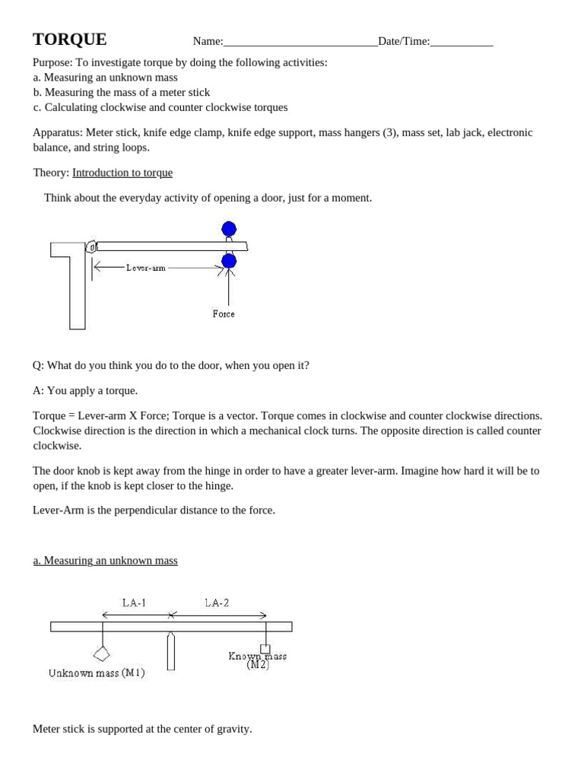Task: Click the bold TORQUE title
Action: (69, 40)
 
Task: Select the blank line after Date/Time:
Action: (462, 42)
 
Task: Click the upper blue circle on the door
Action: (229, 228)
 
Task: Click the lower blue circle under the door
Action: (229, 261)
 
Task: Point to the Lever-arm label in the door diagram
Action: (146, 268)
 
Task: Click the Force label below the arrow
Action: (224, 313)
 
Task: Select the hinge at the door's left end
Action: (91, 246)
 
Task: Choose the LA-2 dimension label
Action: (217, 603)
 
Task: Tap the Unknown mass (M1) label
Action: (97, 673)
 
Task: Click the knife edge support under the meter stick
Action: (171, 652)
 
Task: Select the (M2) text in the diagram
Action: (258, 664)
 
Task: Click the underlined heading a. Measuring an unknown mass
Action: (105, 561)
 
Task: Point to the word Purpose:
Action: (52, 62)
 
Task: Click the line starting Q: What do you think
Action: (171, 365)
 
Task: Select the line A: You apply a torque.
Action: (85, 390)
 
